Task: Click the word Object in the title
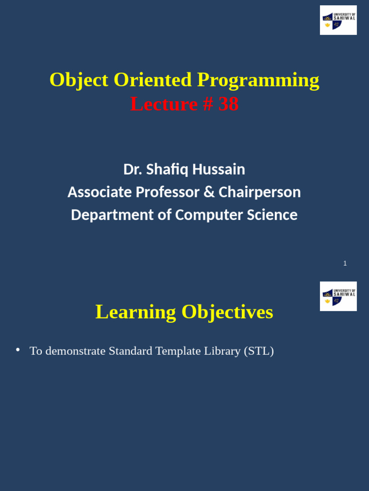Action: pos(79,80)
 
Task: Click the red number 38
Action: pos(228,104)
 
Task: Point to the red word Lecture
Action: pos(164,104)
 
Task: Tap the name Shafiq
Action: pos(166,169)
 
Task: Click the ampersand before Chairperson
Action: pos(209,192)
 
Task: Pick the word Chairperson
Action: pos(259,192)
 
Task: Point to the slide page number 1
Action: pos(345,263)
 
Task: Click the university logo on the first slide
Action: pos(338,20)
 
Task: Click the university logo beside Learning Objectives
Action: pos(338,296)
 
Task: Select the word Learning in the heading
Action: pos(135,312)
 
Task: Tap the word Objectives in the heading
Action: pos(227,312)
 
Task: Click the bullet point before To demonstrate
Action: pos(18,350)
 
